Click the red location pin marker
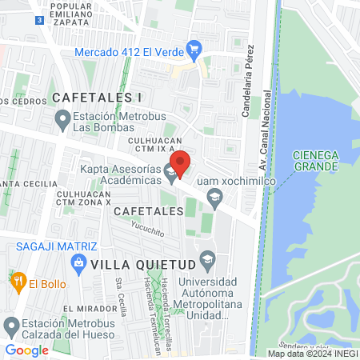(x=181, y=163)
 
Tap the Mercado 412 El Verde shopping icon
(x=192, y=50)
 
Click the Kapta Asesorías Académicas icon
(x=170, y=171)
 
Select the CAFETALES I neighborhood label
(x=97, y=98)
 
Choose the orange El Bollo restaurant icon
(x=17, y=282)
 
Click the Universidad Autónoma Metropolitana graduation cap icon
(x=208, y=259)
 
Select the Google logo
(x=27, y=350)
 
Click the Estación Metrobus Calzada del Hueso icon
(x=10, y=326)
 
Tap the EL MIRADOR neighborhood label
(x=86, y=308)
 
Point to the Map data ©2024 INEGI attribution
(x=311, y=353)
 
